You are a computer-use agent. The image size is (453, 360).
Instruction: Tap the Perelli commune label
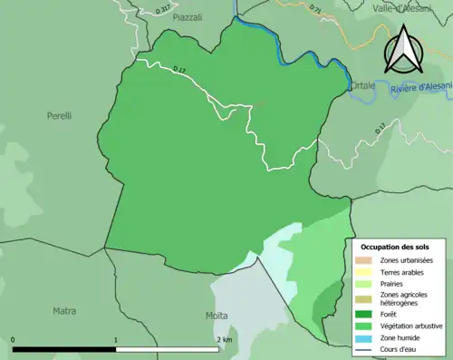click(59, 116)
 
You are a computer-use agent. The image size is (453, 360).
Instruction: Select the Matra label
click(64, 310)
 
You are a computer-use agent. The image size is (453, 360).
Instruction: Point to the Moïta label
click(217, 316)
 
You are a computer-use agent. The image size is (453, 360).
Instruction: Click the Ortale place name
click(363, 74)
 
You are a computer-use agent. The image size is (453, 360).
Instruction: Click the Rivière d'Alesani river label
click(419, 88)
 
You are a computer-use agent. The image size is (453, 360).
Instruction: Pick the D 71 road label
click(315, 9)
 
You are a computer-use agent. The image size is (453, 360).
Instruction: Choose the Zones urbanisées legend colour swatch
click(363, 260)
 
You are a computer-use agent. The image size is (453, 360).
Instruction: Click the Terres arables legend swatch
click(363, 271)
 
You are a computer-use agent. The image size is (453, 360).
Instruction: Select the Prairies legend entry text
click(392, 283)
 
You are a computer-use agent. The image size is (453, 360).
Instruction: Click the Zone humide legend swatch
click(363, 337)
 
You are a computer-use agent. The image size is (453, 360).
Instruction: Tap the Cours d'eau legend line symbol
click(363, 348)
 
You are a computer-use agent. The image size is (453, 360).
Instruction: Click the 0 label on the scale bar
click(13, 340)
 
